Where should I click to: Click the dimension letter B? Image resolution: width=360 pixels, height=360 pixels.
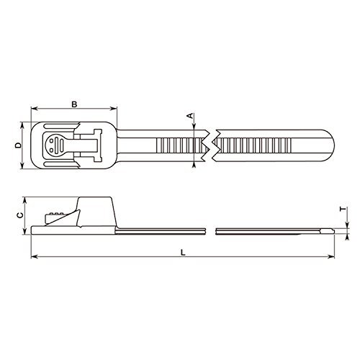point(74,104)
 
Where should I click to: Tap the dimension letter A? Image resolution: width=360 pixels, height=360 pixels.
point(190,116)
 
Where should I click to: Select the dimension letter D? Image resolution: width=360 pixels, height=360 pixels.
point(18,145)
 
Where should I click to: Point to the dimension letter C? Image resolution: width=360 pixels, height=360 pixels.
point(20,215)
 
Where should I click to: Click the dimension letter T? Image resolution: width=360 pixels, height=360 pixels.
point(343,210)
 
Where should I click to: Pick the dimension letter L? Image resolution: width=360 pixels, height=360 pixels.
point(183,253)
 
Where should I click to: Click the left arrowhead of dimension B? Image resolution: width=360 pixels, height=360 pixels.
point(34,109)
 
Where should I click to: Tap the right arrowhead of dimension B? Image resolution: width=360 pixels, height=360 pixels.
point(114,109)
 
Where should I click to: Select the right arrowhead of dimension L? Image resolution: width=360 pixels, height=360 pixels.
point(331,257)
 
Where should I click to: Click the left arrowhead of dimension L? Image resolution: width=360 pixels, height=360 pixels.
point(35,257)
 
